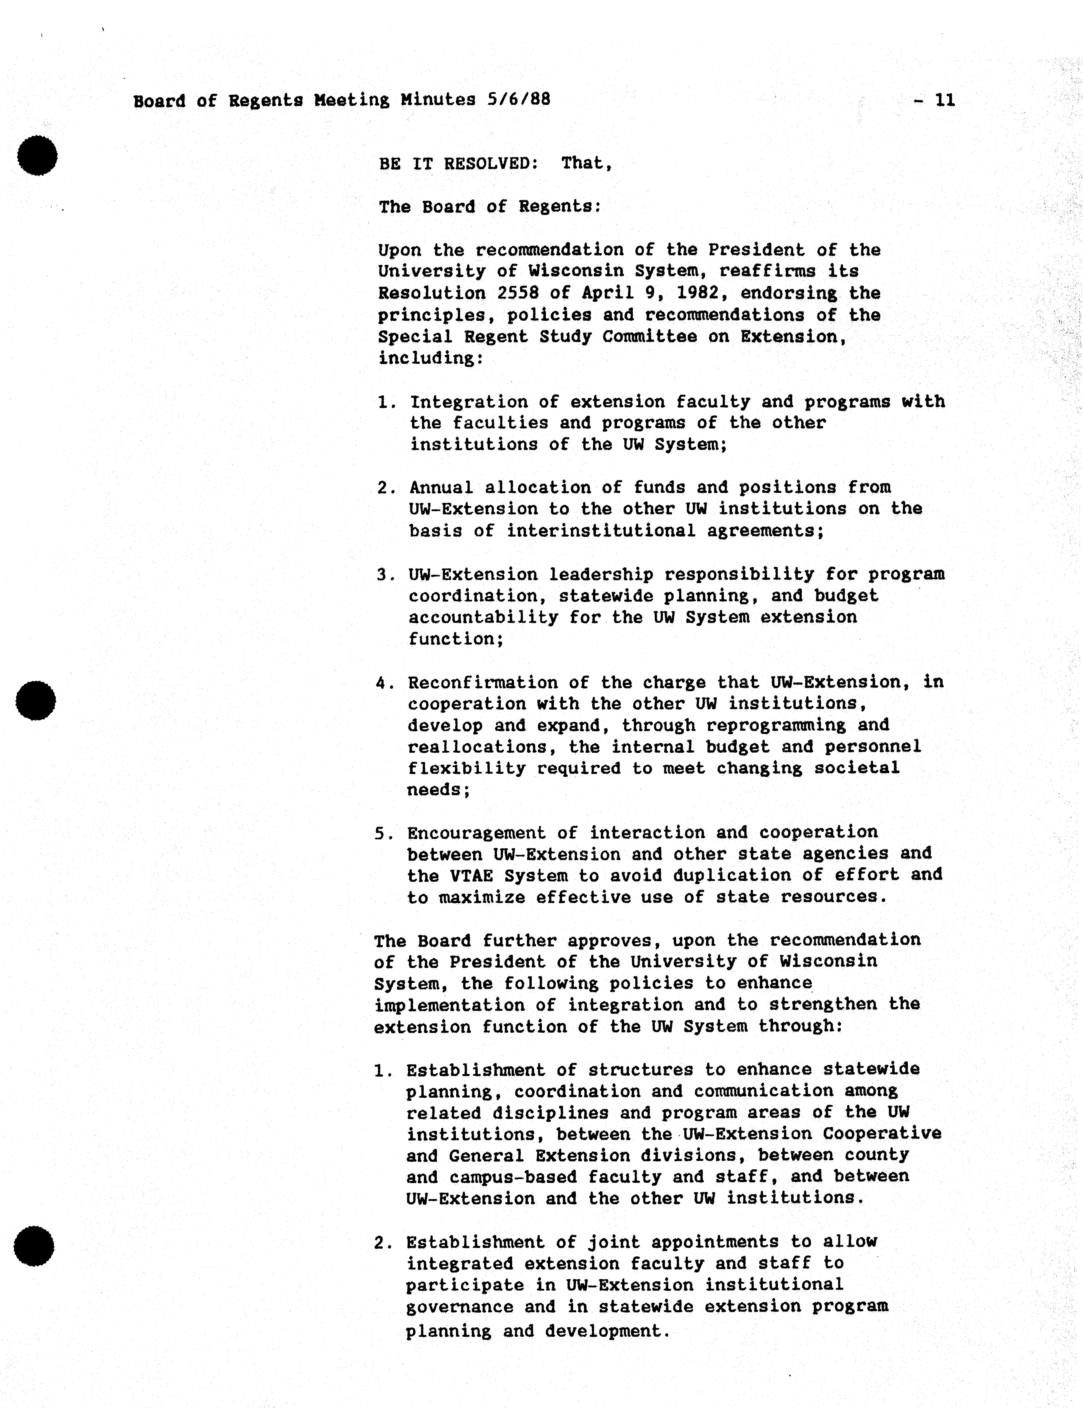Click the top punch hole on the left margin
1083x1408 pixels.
click(37, 155)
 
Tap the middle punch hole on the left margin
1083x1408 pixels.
click(36, 700)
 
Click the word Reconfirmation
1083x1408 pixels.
click(483, 682)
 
